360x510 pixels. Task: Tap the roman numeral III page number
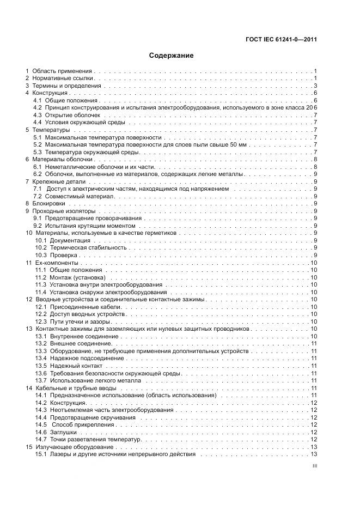(314, 466)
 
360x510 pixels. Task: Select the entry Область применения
(62, 71)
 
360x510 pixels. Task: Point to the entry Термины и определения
(67, 86)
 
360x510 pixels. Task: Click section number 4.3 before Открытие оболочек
(38, 116)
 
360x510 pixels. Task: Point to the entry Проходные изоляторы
(64, 211)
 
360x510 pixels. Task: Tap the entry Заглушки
(63, 432)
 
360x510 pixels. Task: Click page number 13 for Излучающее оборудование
(314, 447)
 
